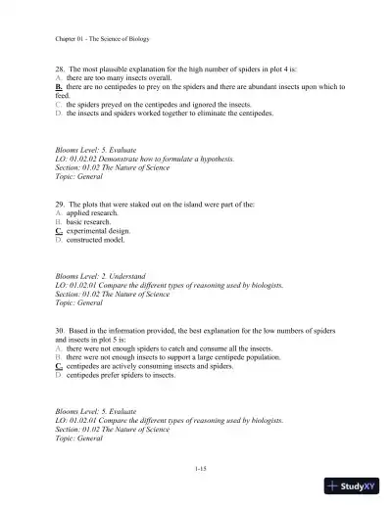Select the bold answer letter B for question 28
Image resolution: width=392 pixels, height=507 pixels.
(x=60, y=87)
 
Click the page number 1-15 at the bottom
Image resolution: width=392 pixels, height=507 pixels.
(x=200, y=470)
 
